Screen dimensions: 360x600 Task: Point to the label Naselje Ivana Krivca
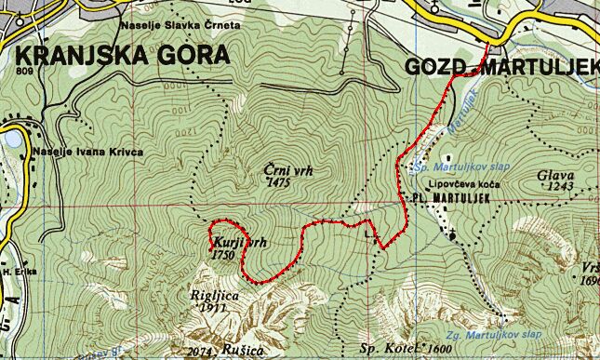coord(87,152)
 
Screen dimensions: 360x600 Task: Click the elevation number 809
coord(25,71)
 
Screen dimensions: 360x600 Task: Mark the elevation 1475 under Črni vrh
coord(278,184)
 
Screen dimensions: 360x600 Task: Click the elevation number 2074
coord(199,351)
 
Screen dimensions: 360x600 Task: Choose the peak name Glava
coord(555,174)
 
